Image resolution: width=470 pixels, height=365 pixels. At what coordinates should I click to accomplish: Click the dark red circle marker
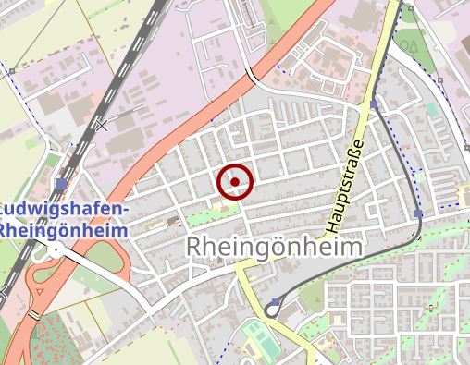(x=235, y=181)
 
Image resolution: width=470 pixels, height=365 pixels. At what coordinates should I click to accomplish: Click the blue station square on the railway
(x=61, y=184)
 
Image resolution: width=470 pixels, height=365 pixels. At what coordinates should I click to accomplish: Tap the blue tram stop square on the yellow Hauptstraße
(x=374, y=105)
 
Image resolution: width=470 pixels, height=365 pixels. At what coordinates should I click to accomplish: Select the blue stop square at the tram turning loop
(x=276, y=302)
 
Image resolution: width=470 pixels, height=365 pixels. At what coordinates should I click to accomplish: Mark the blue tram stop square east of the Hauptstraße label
(x=419, y=213)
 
